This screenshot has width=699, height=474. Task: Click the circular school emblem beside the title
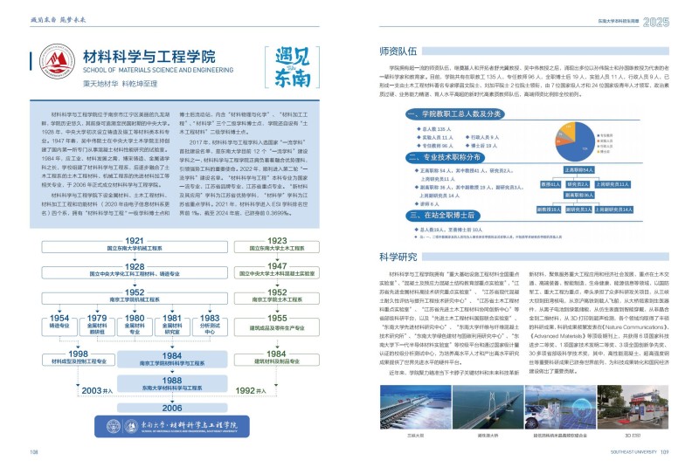tap(55, 63)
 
